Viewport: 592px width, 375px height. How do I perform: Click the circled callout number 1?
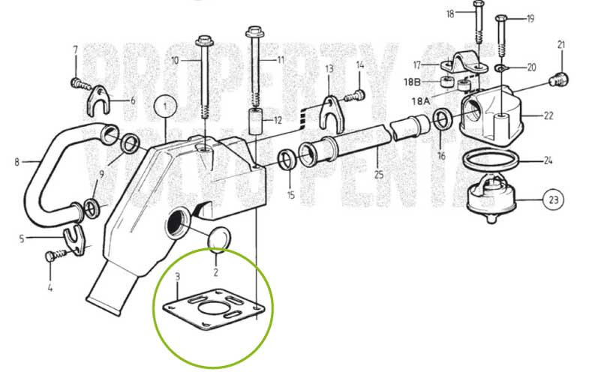pyautogui.click(x=165, y=106)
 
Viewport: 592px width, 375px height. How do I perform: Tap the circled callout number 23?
pyautogui.click(x=553, y=199)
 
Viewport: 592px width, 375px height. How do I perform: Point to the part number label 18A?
pyautogui.click(x=421, y=100)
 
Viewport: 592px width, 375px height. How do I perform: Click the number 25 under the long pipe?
pyautogui.click(x=379, y=174)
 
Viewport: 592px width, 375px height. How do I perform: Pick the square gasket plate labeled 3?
pyautogui.click(x=214, y=309)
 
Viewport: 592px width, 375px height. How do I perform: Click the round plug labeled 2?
pyautogui.click(x=219, y=238)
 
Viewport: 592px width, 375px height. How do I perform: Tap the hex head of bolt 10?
pyautogui.click(x=204, y=39)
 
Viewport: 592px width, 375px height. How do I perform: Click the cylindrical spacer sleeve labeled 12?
pyautogui.click(x=257, y=120)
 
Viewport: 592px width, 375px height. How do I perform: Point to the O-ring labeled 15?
pyautogui.click(x=288, y=159)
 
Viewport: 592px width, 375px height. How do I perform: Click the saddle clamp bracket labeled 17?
pyautogui.click(x=461, y=61)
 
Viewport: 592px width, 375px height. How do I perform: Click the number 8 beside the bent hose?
pyautogui.click(x=17, y=162)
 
